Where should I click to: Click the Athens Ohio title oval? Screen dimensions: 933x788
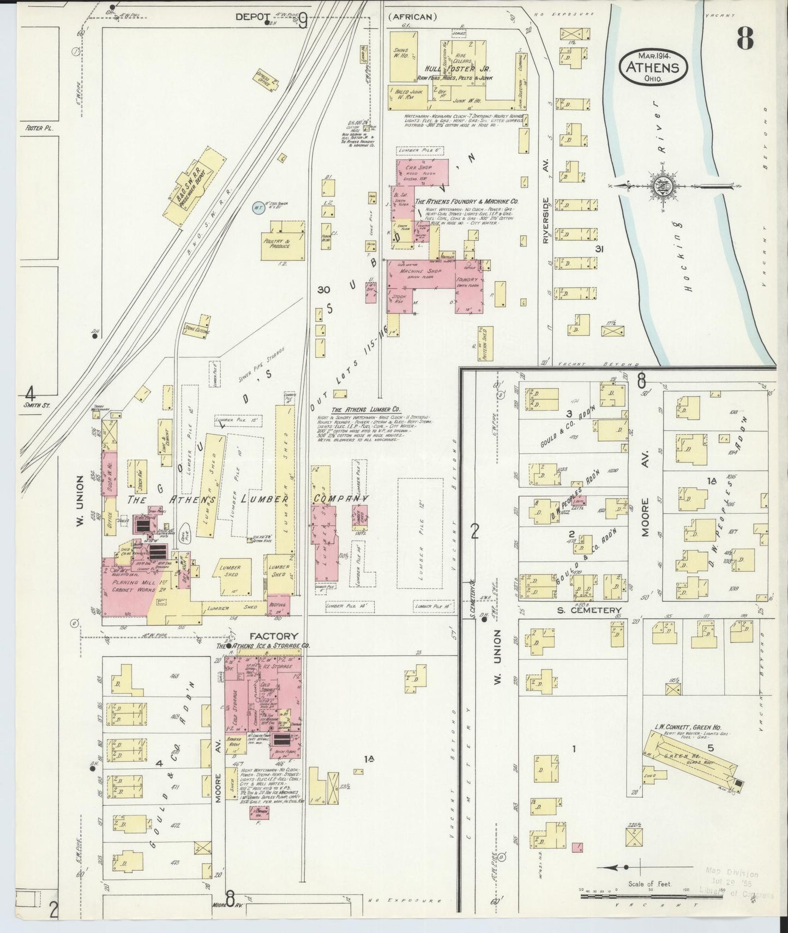[653, 67]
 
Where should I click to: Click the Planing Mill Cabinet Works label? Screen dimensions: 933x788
[129, 585]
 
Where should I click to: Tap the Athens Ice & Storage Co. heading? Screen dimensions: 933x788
[263, 645]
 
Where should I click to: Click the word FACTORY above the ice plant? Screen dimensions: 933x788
[274, 636]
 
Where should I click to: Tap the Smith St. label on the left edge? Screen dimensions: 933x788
[37, 405]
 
